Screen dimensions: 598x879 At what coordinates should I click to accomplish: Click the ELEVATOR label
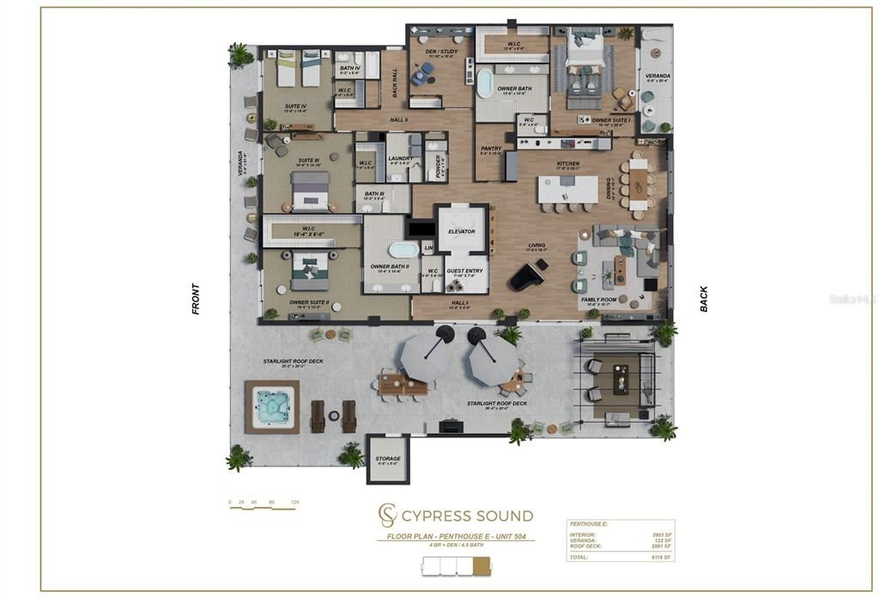tap(462, 232)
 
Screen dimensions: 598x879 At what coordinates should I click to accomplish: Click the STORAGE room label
tap(387, 459)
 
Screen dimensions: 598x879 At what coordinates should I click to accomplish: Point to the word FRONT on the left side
tap(196, 299)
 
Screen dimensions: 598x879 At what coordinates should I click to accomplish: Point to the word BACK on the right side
tap(704, 298)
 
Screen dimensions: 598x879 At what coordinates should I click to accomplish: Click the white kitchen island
tap(567, 188)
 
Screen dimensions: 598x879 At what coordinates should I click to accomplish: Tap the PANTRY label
tap(491, 149)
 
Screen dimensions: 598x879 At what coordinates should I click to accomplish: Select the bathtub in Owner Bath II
tap(403, 250)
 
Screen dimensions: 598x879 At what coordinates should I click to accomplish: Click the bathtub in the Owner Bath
tap(486, 83)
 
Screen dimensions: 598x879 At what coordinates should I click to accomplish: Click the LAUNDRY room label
tap(401, 158)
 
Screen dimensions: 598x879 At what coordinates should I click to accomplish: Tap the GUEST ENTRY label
tap(465, 271)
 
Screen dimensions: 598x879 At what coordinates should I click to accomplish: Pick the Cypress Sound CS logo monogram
tap(387, 516)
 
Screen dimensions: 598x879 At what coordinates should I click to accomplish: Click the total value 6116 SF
tap(661, 558)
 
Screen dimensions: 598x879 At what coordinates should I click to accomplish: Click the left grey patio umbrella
tap(427, 355)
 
